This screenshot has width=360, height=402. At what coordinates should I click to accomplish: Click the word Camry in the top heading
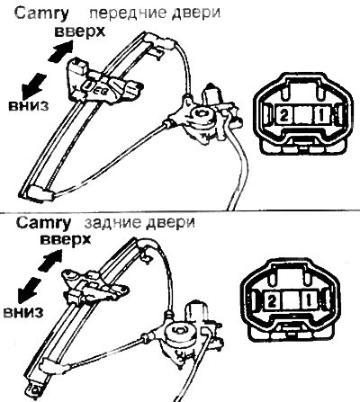[41, 13]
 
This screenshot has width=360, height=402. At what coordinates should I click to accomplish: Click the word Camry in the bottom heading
[43, 224]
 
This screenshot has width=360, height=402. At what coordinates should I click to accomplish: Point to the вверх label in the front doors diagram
[80, 31]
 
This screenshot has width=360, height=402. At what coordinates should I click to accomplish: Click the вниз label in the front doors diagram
[28, 106]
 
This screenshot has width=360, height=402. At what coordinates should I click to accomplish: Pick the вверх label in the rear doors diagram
[66, 239]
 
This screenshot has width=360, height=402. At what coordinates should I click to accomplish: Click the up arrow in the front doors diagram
[60, 51]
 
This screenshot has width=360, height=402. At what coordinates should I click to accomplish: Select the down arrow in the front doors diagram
[34, 86]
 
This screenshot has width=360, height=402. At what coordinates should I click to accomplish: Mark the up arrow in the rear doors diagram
[50, 260]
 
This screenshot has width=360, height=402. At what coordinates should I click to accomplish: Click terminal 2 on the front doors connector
[283, 115]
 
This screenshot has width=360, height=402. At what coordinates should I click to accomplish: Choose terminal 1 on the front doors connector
[321, 115]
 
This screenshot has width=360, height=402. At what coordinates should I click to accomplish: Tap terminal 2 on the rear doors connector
[272, 300]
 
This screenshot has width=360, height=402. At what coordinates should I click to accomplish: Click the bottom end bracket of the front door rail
[40, 193]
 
